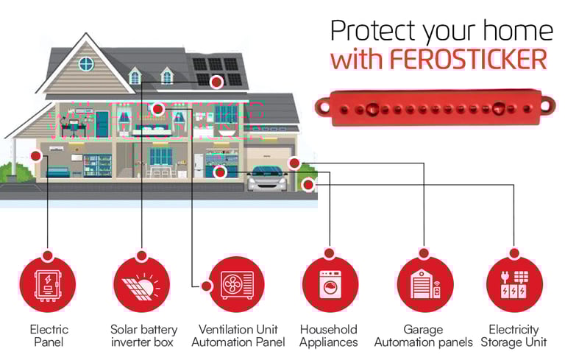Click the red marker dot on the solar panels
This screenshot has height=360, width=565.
click(216, 82)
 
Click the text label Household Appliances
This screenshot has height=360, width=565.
click(329, 336)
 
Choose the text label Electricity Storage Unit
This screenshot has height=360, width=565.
click(514, 336)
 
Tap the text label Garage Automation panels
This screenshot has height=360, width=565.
click(424, 336)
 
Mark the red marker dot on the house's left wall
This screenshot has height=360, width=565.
click(35, 156)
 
